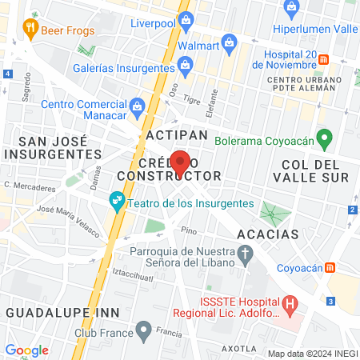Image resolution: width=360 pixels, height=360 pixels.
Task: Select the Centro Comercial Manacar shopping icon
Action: click(136, 104)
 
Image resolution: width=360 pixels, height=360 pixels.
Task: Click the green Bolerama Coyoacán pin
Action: click(324, 138)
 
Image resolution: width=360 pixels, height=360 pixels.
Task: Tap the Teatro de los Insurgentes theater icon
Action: click(117, 203)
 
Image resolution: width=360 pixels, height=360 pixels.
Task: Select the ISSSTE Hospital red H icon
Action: click(290, 304)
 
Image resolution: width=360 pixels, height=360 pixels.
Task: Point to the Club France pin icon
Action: click(144, 329)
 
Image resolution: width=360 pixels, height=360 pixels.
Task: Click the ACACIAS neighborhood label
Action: click(268, 234)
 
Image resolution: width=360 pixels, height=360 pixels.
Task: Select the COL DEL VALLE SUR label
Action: click(312, 170)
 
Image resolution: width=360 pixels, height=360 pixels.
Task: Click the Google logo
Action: click(26, 350)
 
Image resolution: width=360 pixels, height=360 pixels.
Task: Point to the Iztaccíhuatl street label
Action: click(135, 273)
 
